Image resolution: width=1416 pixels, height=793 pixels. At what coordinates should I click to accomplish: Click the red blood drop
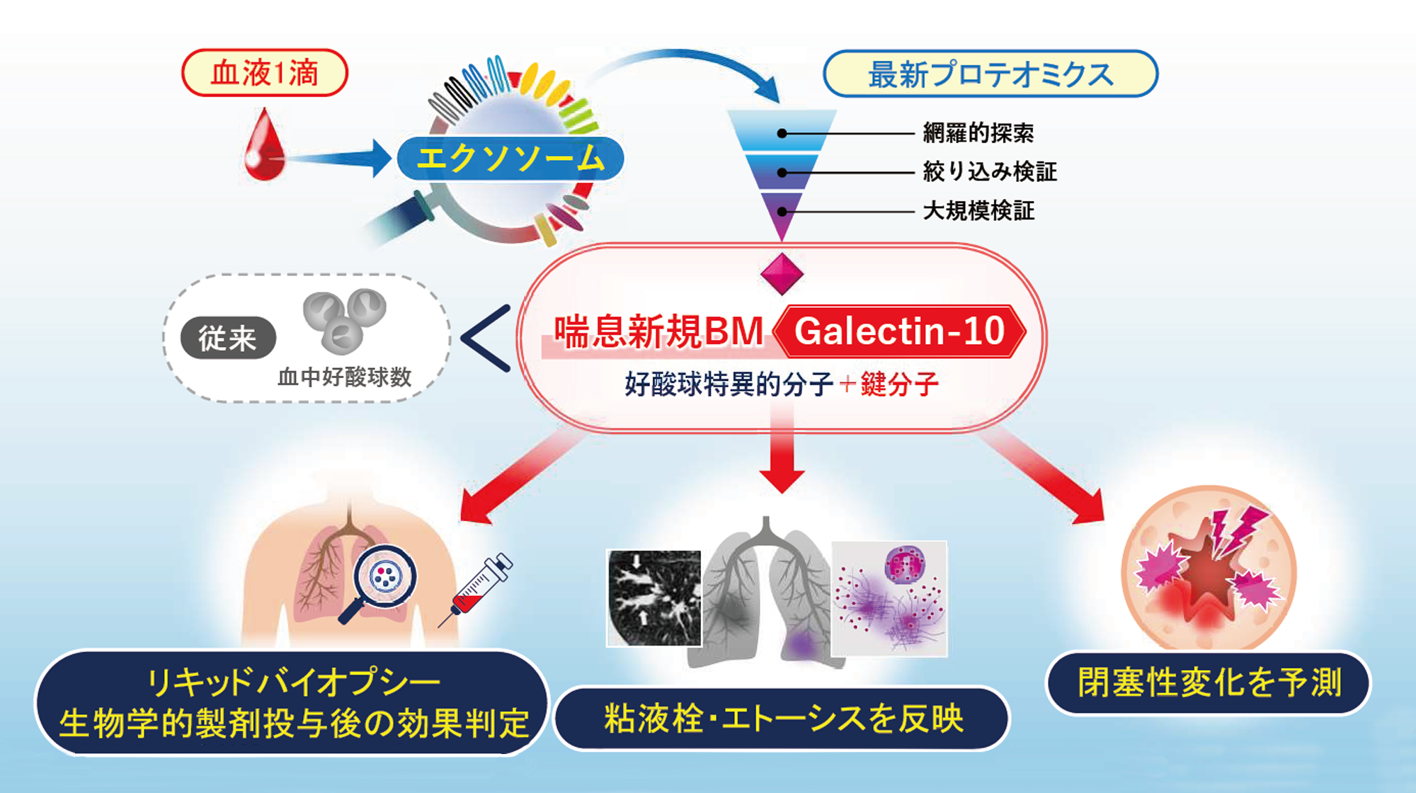click(x=264, y=147)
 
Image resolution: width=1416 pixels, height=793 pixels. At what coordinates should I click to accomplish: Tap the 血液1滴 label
click(x=265, y=73)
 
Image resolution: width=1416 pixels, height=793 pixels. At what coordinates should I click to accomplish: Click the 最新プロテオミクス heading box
click(x=990, y=74)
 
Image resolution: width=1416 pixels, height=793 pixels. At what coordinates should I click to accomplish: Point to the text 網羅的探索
click(x=978, y=133)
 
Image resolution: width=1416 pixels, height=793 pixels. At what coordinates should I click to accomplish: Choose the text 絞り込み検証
click(x=989, y=172)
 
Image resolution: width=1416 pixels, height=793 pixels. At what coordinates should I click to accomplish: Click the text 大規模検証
click(x=978, y=211)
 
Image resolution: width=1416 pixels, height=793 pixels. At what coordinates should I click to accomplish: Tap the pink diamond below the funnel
click(x=782, y=274)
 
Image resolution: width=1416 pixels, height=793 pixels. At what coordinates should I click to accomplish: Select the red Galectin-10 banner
click(x=899, y=331)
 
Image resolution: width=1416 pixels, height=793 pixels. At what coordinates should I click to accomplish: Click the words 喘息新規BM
click(x=658, y=332)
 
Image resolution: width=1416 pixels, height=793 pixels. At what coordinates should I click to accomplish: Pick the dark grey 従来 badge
click(x=227, y=338)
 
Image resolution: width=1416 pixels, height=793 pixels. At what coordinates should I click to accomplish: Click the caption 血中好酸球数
click(x=344, y=377)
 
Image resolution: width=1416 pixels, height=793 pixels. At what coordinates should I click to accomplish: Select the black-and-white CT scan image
click(x=653, y=598)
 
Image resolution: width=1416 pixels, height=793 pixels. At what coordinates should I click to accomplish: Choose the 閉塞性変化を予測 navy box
click(x=1209, y=683)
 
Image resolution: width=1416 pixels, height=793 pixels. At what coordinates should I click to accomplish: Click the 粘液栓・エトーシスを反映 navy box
click(x=782, y=719)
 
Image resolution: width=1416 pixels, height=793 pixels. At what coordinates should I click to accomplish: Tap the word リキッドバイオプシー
click(x=292, y=683)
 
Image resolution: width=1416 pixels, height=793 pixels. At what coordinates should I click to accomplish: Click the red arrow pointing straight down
click(x=782, y=460)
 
